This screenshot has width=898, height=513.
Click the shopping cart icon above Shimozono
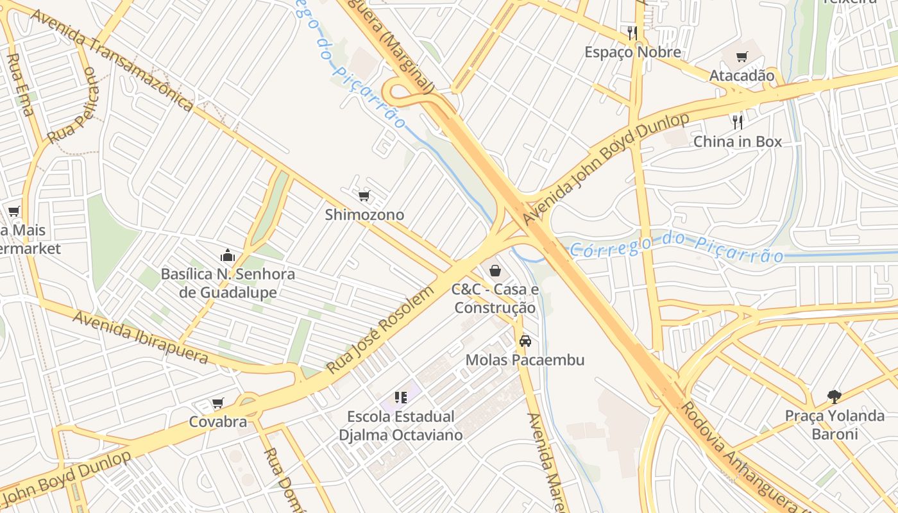coord(364,196)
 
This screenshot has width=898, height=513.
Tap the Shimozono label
coord(364,215)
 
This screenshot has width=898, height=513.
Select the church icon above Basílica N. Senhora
coord(228,256)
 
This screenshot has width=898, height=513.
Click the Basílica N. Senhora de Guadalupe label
coord(228,283)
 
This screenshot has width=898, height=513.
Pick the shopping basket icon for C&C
coord(495,271)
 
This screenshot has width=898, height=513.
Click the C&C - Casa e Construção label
coord(495,299)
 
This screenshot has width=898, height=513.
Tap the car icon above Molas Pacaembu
coord(525,341)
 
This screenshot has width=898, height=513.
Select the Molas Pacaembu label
coord(525,360)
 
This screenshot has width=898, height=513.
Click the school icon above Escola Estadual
coord(401,398)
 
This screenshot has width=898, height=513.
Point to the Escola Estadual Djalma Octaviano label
coord(401,426)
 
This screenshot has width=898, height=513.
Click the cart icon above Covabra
coord(218,403)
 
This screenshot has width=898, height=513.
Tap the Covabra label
coord(218,422)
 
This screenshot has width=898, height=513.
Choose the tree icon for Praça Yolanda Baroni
coord(834,397)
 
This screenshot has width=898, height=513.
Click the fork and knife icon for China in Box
coord(738,122)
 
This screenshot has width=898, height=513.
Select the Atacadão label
coord(741,76)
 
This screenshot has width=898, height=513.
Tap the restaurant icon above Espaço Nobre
coord(632,33)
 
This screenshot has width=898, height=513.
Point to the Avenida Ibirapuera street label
coord(140,337)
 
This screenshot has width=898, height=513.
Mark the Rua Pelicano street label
coord(76,106)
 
